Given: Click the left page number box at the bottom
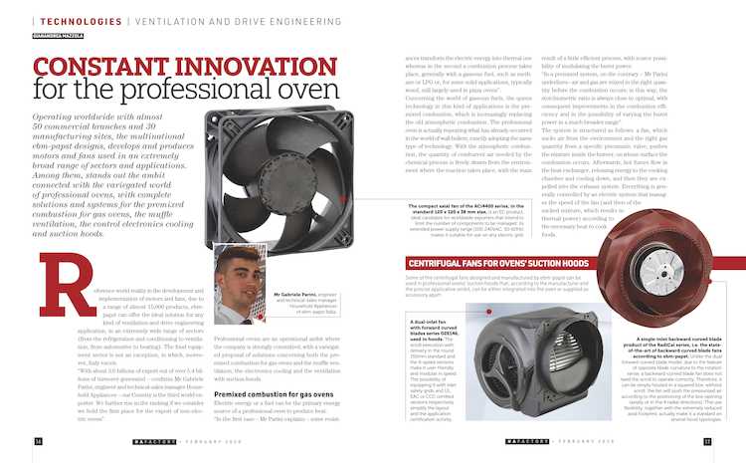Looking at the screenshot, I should pos(38,441).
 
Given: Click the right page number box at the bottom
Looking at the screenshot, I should pos(707,441).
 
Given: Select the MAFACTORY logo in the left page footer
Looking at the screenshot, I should pos(156,441).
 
